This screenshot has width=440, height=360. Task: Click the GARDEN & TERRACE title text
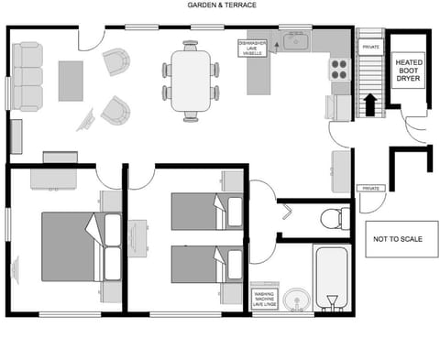(x=222, y=5)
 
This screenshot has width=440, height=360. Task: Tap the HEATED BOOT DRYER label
(x=410, y=72)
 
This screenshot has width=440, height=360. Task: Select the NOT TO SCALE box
(x=398, y=239)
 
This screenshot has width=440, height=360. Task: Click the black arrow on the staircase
(x=369, y=104)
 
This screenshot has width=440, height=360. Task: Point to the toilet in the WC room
(x=335, y=218)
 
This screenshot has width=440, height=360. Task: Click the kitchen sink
(x=296, y=41)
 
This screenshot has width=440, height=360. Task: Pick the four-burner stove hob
(x=338, y=70)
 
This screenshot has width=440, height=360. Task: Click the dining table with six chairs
(x=192, y=80)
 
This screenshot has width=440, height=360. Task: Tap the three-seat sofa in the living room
(x=26, y=75)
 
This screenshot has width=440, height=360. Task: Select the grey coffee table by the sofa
(x=71, y=81)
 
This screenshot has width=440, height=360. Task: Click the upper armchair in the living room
(x=115, y=62)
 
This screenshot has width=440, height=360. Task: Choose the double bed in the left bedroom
(x=78, y=247)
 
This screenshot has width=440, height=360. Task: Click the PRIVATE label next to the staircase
(x=370, y=45)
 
